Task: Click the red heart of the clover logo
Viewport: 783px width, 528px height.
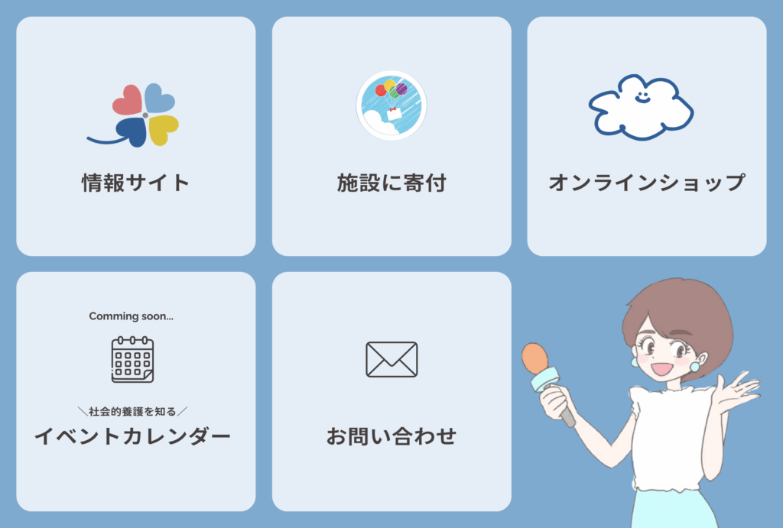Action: (x=128, y=100)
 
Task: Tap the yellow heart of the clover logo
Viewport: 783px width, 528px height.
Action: (x=164, y=129)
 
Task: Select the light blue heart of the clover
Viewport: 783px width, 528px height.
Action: (x=160, y=98)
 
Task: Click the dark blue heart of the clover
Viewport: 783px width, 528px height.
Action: (x=131, y=132)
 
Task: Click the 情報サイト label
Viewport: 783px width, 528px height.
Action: (x=136, y=183)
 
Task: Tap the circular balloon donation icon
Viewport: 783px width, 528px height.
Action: (x=391, y=105)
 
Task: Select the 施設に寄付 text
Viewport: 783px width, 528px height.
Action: (x=391, y=183)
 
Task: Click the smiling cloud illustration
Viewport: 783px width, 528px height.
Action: (x=642, y=107)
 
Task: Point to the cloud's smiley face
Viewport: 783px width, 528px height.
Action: (x=642, y=96)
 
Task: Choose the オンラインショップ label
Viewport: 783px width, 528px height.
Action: (x=647, y=183)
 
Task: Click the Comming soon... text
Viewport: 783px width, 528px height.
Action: (x=132, y=316)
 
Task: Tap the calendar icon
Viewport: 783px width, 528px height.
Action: (x=132, y=359)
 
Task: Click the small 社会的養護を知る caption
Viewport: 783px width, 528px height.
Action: (x=132, y=411)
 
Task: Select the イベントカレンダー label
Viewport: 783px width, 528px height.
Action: (x=132, y=436)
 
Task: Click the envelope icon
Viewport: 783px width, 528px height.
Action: (x=391, y=359)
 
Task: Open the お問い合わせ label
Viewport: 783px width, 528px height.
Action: (x=391, y=436)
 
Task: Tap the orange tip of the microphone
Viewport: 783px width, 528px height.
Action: (x=534, y=358)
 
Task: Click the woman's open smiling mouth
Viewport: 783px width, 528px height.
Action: (x=661, y=369)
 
